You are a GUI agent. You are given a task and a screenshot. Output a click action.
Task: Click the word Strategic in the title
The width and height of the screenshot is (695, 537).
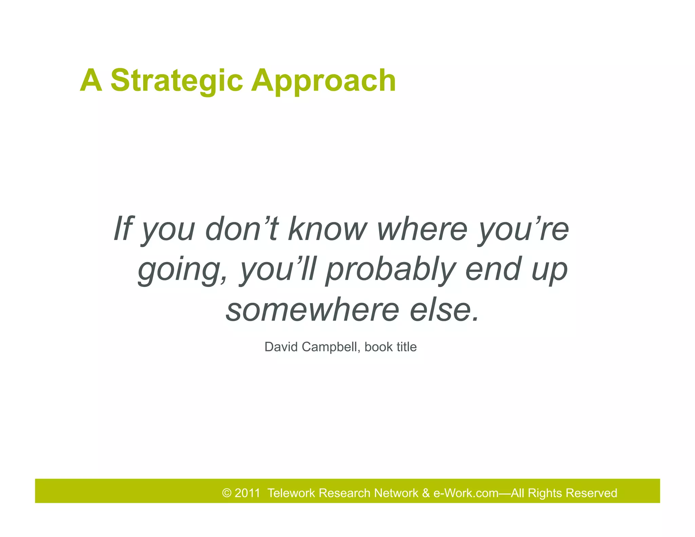click(176, 80)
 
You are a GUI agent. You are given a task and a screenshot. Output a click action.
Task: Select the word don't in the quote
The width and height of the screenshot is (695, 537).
click(242, 228)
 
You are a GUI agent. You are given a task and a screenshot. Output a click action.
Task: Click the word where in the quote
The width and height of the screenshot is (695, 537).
click(422, 228)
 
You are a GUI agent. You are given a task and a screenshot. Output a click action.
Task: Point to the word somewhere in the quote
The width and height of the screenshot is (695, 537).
click(312, 310)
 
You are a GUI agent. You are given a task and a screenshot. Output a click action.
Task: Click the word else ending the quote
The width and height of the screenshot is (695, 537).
click(445, 310)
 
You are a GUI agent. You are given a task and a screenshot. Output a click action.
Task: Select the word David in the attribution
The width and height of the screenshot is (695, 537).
click(281, 347)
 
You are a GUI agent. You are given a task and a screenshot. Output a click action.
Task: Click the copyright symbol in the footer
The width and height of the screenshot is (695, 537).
click(227, 493)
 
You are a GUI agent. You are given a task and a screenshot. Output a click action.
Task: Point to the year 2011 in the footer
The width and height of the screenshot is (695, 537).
click(247, 493)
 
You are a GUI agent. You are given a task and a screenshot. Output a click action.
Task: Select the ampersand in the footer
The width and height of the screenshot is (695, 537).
click(426, 493)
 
